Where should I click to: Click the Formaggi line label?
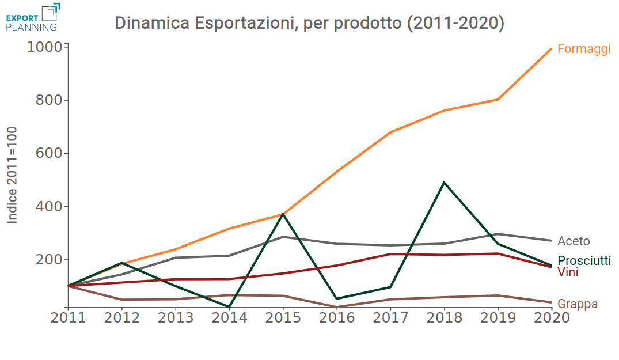tap(584, 49)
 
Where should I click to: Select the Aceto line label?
tap(574, 241)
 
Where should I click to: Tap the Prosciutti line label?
tap(584, 261)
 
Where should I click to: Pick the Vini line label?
tap(568, 272)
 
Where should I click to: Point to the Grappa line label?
tap(578, 304)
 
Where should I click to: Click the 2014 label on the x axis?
tap(229, 317)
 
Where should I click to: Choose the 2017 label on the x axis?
tap(390, 317)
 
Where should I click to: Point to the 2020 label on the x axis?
tap(552, 317)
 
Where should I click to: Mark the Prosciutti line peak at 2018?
tap(444, 183)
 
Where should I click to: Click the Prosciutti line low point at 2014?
tap(229, 307)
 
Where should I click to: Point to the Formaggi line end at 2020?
tap(551, 49)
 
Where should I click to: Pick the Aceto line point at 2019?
tap(498, 234)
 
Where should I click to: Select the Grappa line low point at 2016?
tap(337, 307)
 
